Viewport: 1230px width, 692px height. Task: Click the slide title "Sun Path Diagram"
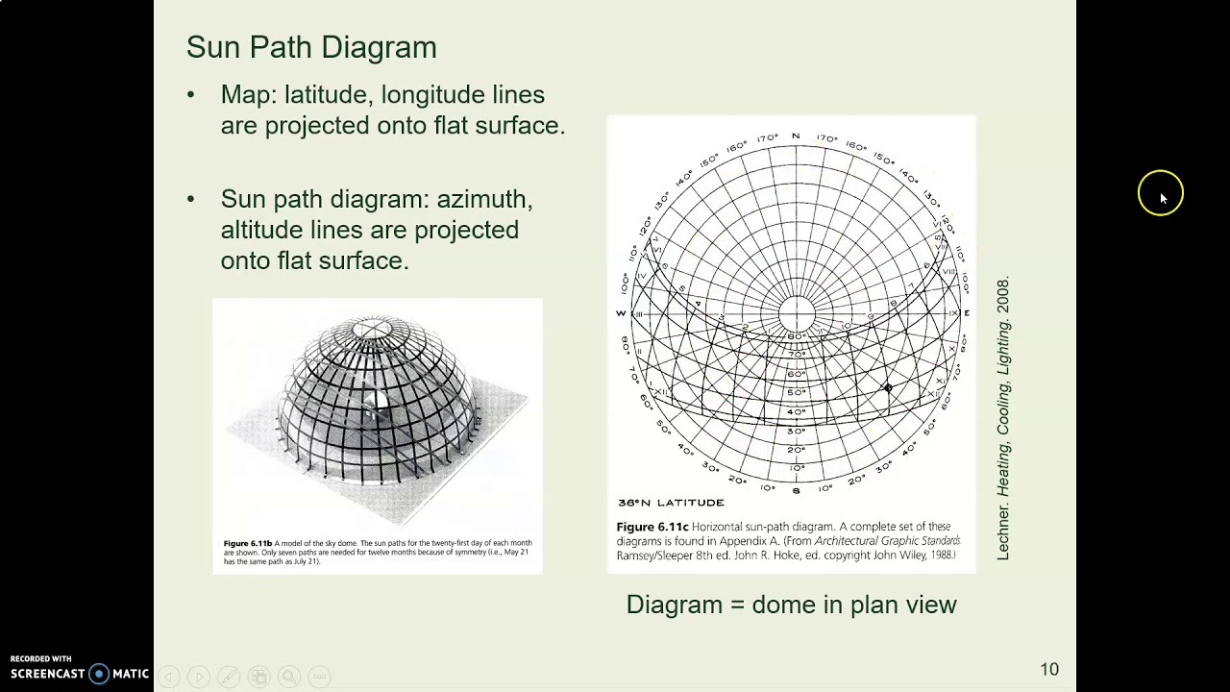coord(311,47)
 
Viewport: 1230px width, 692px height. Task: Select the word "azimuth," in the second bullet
coord(484,199)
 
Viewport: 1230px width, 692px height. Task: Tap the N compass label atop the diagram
coord(796,136)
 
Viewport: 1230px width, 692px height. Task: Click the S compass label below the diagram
coord(796,490)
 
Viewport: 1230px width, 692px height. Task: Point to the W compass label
coord(621,313)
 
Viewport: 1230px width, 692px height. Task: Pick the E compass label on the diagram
coord(967,313)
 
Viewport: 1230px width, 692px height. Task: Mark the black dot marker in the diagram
coord(888,388)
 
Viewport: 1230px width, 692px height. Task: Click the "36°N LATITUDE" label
coord(671,503)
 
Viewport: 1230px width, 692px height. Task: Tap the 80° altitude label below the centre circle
coord(796,336)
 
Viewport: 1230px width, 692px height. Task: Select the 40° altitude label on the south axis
coord(796,411)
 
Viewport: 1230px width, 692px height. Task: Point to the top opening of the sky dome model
coord(368,330)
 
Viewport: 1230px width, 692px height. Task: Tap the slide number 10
coord(1048,669)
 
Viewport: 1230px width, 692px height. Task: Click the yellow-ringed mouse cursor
coord(1161,194)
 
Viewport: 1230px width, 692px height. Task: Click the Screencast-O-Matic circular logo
coord(99,674)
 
